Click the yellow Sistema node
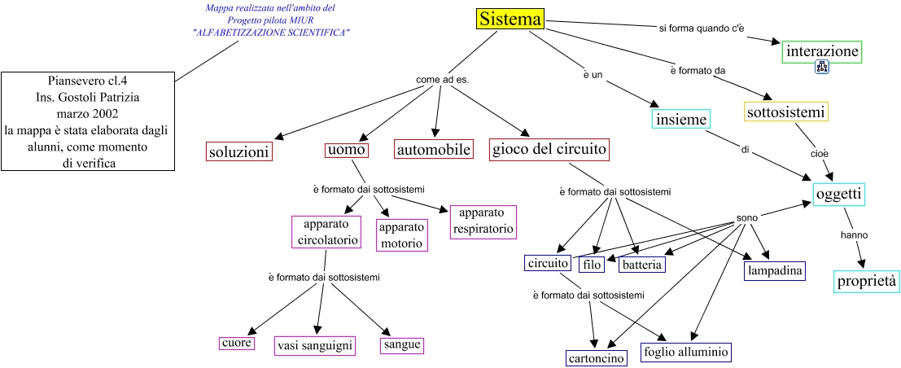click(510, 20)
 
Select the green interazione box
click(822, 52)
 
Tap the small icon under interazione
click(822, 68)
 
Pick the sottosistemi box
click(786, 112)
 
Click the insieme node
click(681, 119)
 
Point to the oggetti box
click(838, 194)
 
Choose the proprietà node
click(868, 282)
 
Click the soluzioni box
click(238, 151)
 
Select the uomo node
click(347, 150)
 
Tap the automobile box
click(434, 149)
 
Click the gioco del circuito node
click(549, 149)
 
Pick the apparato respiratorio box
click(483, 221)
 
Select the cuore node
click(236, 343)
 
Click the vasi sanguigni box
click(315, 346)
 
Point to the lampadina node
click(774, 270)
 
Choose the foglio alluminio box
click(686, 352)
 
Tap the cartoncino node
click(596, 358)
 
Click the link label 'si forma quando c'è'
click(702, 28)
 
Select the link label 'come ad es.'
click(443, 80)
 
